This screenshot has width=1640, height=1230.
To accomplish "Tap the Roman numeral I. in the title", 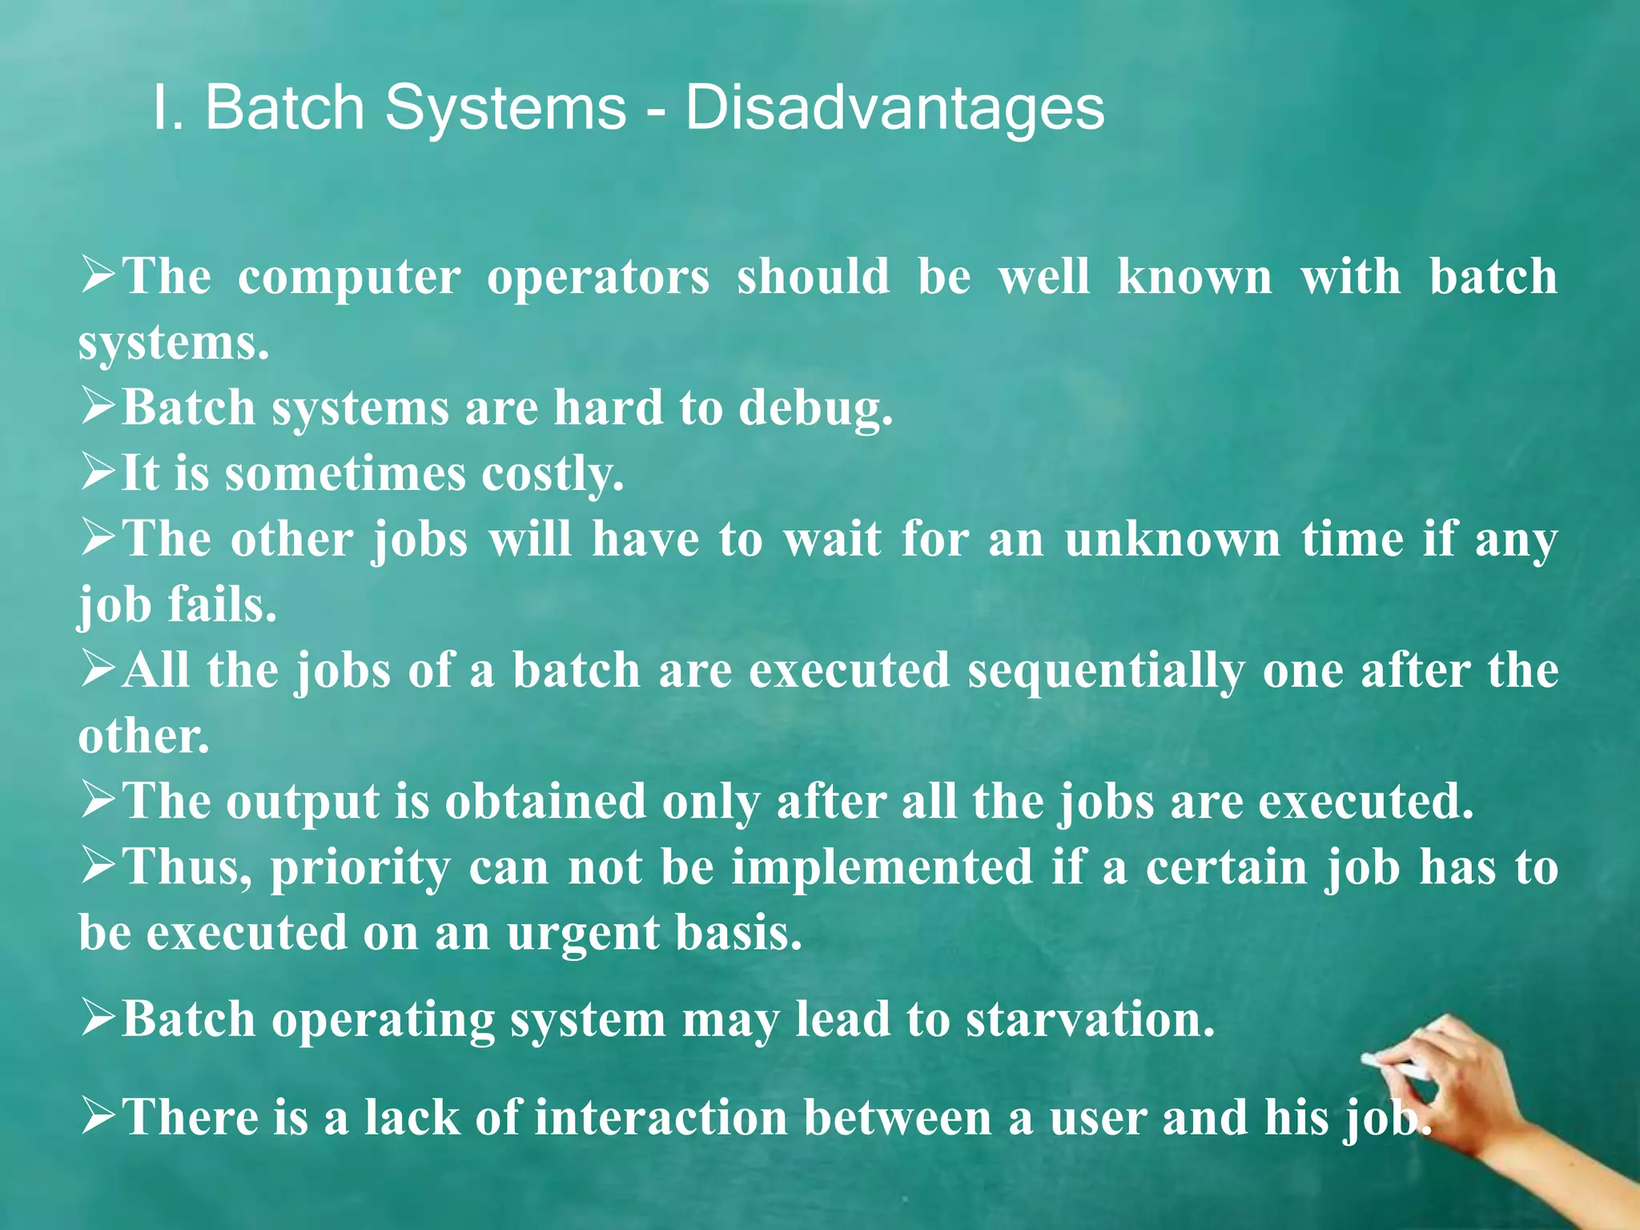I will [168, 108].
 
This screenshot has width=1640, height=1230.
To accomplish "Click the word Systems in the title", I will [505, 108].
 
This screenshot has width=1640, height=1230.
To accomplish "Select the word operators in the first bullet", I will [598, 277].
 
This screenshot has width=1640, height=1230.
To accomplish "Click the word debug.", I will [814, 408].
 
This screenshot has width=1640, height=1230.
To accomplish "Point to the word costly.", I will [552, 474].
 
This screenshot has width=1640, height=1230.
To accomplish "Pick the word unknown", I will [1172, 540].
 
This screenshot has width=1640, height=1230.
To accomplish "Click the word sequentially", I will [1106, 671].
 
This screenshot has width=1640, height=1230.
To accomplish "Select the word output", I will [302, 802].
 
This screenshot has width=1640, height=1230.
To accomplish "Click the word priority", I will [360, 868].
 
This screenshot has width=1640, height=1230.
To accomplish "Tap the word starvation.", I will [1090, 1021].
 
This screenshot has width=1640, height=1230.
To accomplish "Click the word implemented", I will [882, 868].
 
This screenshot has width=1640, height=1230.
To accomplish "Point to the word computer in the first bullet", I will [349, 277].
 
